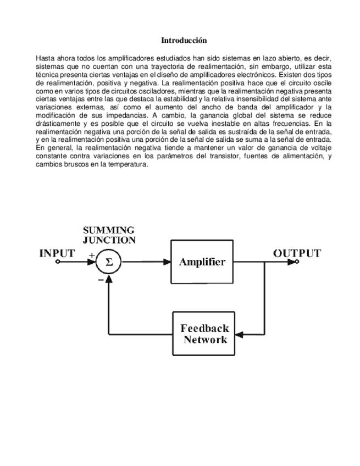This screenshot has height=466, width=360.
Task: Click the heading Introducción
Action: (184, 41)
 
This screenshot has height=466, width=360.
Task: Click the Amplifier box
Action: (202, 262)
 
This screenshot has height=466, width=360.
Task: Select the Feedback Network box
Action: (204, 334)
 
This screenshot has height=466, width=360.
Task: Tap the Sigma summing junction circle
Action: (109, 262)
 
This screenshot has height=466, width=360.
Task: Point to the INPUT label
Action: (57, 253)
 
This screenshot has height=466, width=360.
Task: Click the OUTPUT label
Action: (297, 253)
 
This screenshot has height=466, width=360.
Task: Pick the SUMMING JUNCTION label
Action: (109, 235)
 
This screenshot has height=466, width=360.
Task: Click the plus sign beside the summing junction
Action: (91, 255)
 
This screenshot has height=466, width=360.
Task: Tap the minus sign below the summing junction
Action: (101, 280)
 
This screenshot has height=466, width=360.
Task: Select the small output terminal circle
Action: (297, 262)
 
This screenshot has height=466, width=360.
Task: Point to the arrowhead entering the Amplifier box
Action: (167, 262)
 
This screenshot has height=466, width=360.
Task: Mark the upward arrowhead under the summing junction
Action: (109, 279)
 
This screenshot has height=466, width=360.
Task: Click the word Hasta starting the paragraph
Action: (44, 58)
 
